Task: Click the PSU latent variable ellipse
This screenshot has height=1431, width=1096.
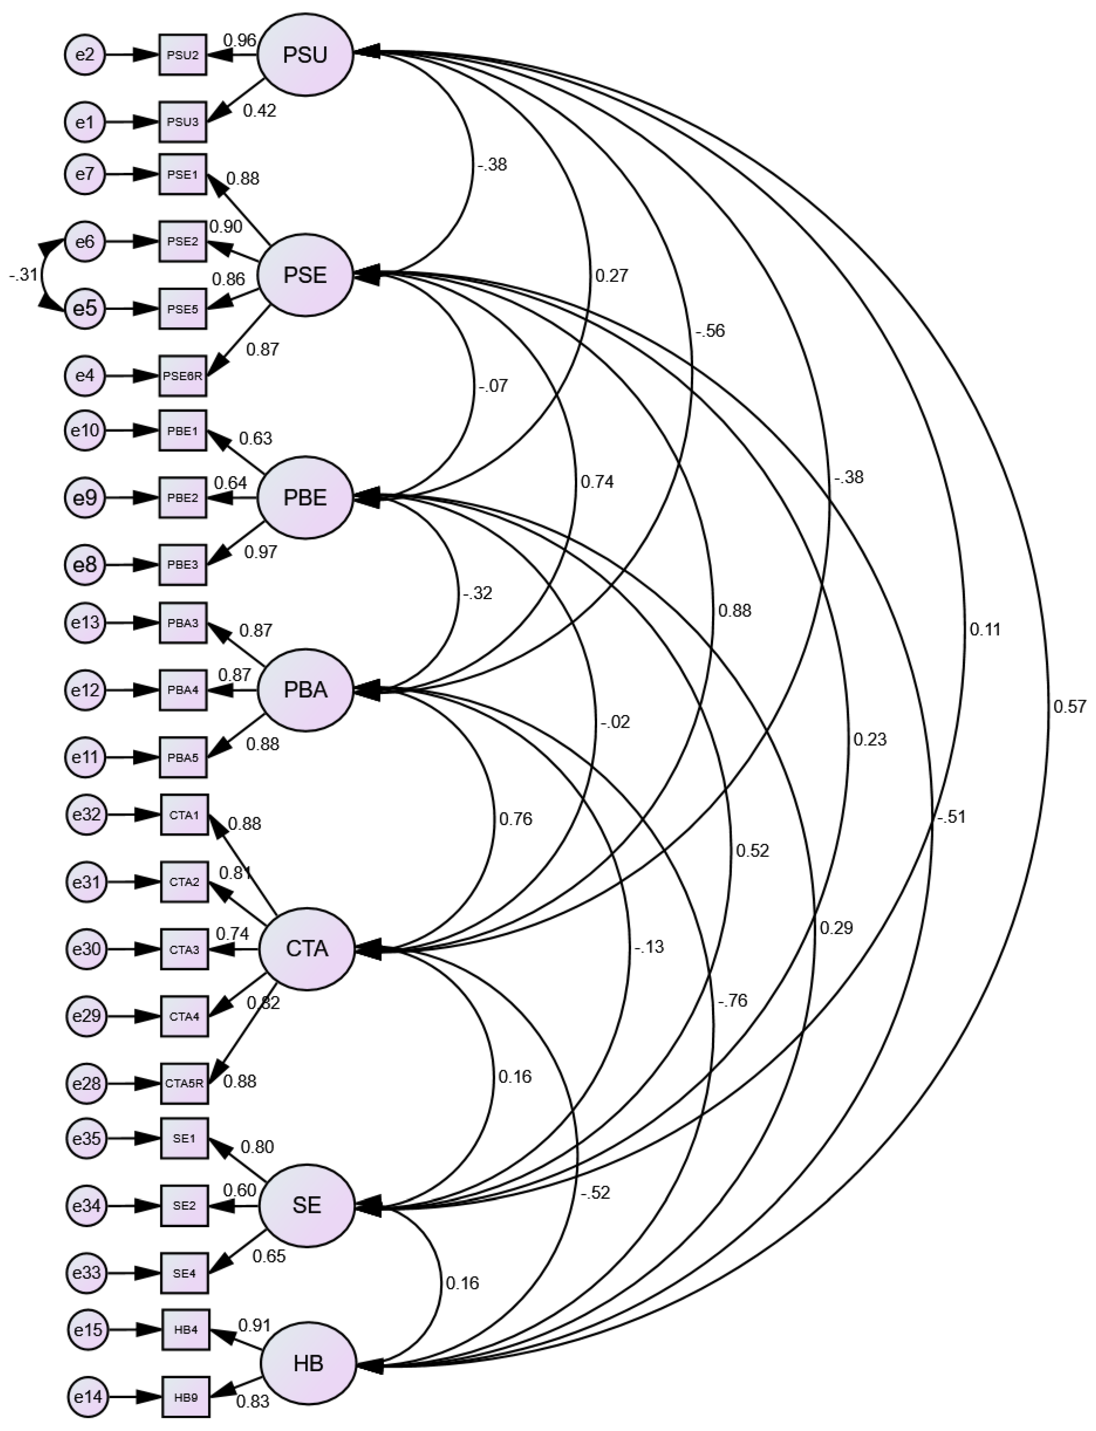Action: pyautogui.click(x=305, y=55)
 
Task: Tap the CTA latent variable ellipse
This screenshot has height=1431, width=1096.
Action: pyautogui.click(x=306, y=949)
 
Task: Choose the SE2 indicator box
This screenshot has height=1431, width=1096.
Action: pyautogui.click(x=185, y=1205)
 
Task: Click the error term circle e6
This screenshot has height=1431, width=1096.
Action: pyautogui.click(x=85, y=242)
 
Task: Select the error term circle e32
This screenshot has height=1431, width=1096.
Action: pyautogui.click(x=86, y=814)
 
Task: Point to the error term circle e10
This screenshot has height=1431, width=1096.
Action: pyautogui.click(x=85, y=430)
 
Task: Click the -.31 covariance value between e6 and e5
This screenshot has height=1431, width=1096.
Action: pyautogui.click(x=23, y=275)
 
